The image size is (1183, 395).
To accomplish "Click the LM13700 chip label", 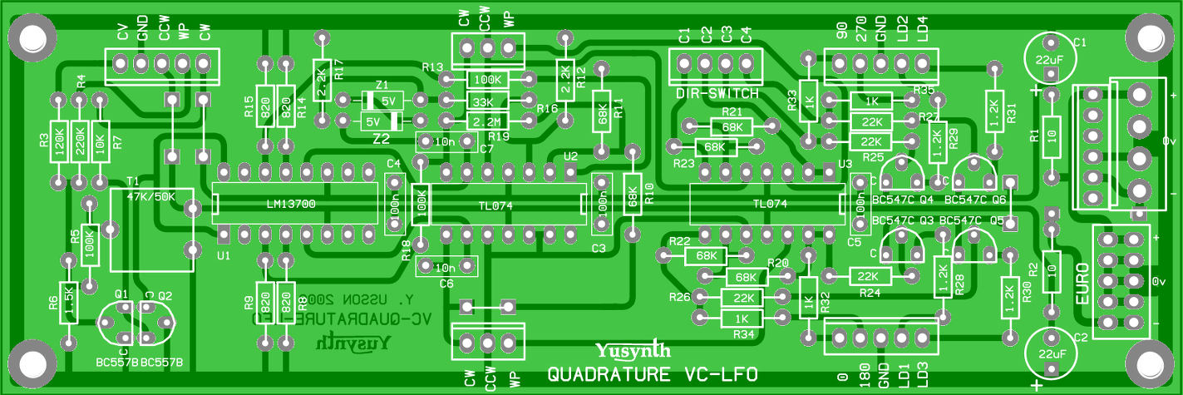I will coord(291,204).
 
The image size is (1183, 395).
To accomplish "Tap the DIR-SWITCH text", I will coord(717,94).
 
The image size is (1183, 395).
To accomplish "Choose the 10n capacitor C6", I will coord(446,267).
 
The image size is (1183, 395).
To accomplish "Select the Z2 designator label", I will coord(381,139).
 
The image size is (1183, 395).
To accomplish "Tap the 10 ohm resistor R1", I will coord(1051,133).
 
